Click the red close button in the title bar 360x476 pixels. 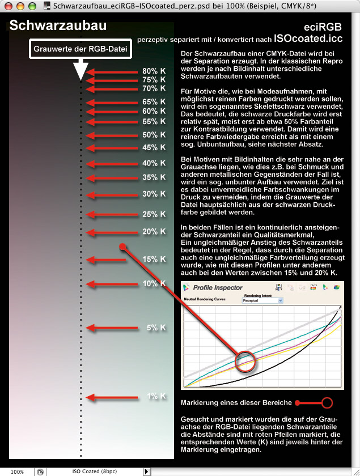(x=8, y=5)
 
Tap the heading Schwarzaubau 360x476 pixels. (x=58, y=26)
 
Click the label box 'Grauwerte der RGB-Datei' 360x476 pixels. (x=81, y=49)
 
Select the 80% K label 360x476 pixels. (x=154, y=71)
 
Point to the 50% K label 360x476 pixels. (x=154, y=135)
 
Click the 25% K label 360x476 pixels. (x=154, y=214)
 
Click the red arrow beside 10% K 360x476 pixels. (x=111, y=284)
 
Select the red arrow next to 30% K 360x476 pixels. (x=111, y=194)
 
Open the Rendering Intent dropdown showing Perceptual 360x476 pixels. (x=262, y=301)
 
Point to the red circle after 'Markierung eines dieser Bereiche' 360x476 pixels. (x=327, y=403)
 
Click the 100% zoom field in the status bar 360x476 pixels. (x=17, y=471)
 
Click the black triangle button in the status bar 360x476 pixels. (x=147, y=471)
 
